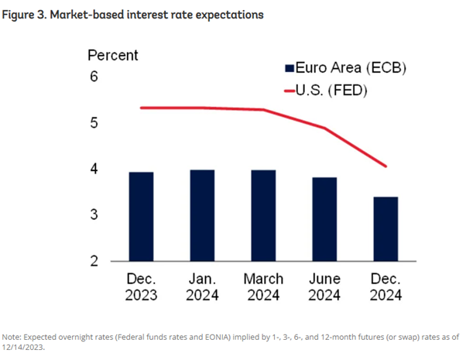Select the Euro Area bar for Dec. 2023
click(142, 216)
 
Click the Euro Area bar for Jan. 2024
click(203, 214)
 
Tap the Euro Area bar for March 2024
click(264, 214)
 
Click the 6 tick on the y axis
click(94, 77)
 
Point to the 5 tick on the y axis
click(94, 123)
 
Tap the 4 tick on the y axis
click(94, 169)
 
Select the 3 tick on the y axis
click(94, 214)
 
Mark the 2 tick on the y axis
click(94, 261)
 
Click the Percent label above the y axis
click(112, 55)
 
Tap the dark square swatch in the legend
click(290, 68)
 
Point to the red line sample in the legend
click(295, 91)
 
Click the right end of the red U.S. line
click(385, 166)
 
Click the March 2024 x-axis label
click(264, 286)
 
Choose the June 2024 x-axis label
click(324, 286)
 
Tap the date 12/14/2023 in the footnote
click(25, 348)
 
